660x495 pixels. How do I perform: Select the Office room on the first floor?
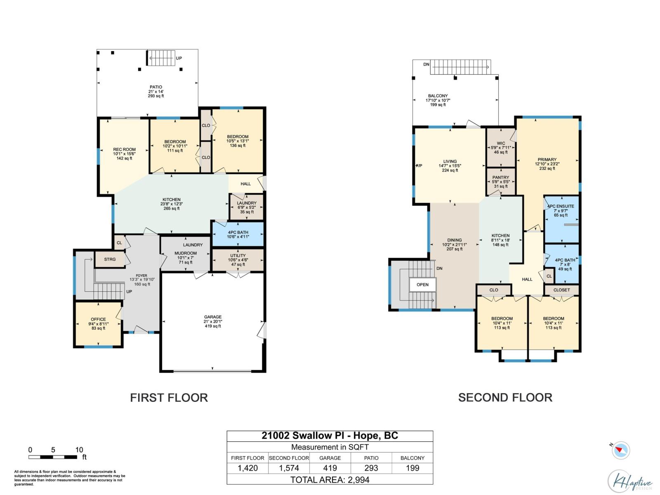[x=98, y=324]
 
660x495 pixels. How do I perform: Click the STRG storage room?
[x=110, y=259]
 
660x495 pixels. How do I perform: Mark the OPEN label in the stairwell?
[x=422, y=285]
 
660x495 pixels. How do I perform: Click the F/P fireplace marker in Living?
[x=419, y=165]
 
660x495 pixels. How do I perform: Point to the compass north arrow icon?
[x=621, y=450]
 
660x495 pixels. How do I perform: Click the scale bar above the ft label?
[x=53, y=457]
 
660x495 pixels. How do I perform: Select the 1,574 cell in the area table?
[x=289, y=468]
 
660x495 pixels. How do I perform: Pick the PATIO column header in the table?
[x=371, y=458]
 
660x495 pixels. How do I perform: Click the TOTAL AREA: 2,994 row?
[x=330, y=479]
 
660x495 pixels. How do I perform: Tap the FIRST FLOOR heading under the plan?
[x=169, y=398]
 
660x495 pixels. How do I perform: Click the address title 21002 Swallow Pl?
[x=304, y=436]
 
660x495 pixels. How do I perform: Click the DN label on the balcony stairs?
[x=426, y=64]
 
